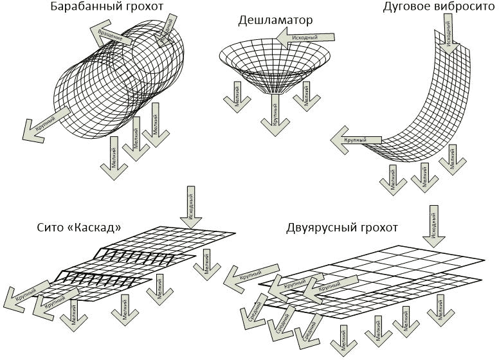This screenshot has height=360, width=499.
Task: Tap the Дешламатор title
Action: tap(275, 21)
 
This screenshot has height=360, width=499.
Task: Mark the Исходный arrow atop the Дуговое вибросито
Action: tap(450, 36)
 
